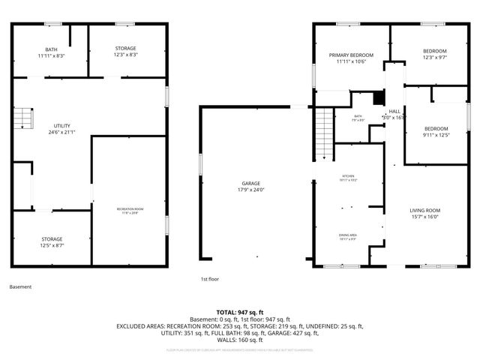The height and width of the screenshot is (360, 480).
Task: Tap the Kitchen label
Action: (347, 178)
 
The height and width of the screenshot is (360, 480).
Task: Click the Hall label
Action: (394, 112)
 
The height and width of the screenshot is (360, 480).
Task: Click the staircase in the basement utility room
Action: (25, 118)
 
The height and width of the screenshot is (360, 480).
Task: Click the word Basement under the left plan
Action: (21, 286)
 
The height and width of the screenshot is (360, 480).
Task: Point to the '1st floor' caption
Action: (208, 279)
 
